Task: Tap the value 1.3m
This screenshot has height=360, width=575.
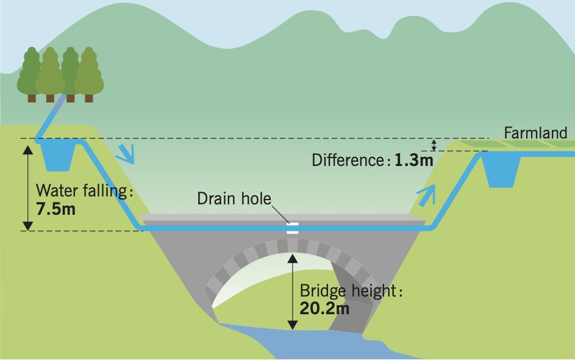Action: coord(413,160)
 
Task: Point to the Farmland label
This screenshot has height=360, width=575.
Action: coord(536,132)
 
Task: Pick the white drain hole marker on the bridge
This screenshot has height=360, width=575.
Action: coord(293,229)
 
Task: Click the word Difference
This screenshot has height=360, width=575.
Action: coord(346,160)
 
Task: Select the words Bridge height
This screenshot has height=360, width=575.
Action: coord(348,291)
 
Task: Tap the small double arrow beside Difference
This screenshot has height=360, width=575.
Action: coord(434,145)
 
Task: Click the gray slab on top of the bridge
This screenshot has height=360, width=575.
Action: coord(274,218)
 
